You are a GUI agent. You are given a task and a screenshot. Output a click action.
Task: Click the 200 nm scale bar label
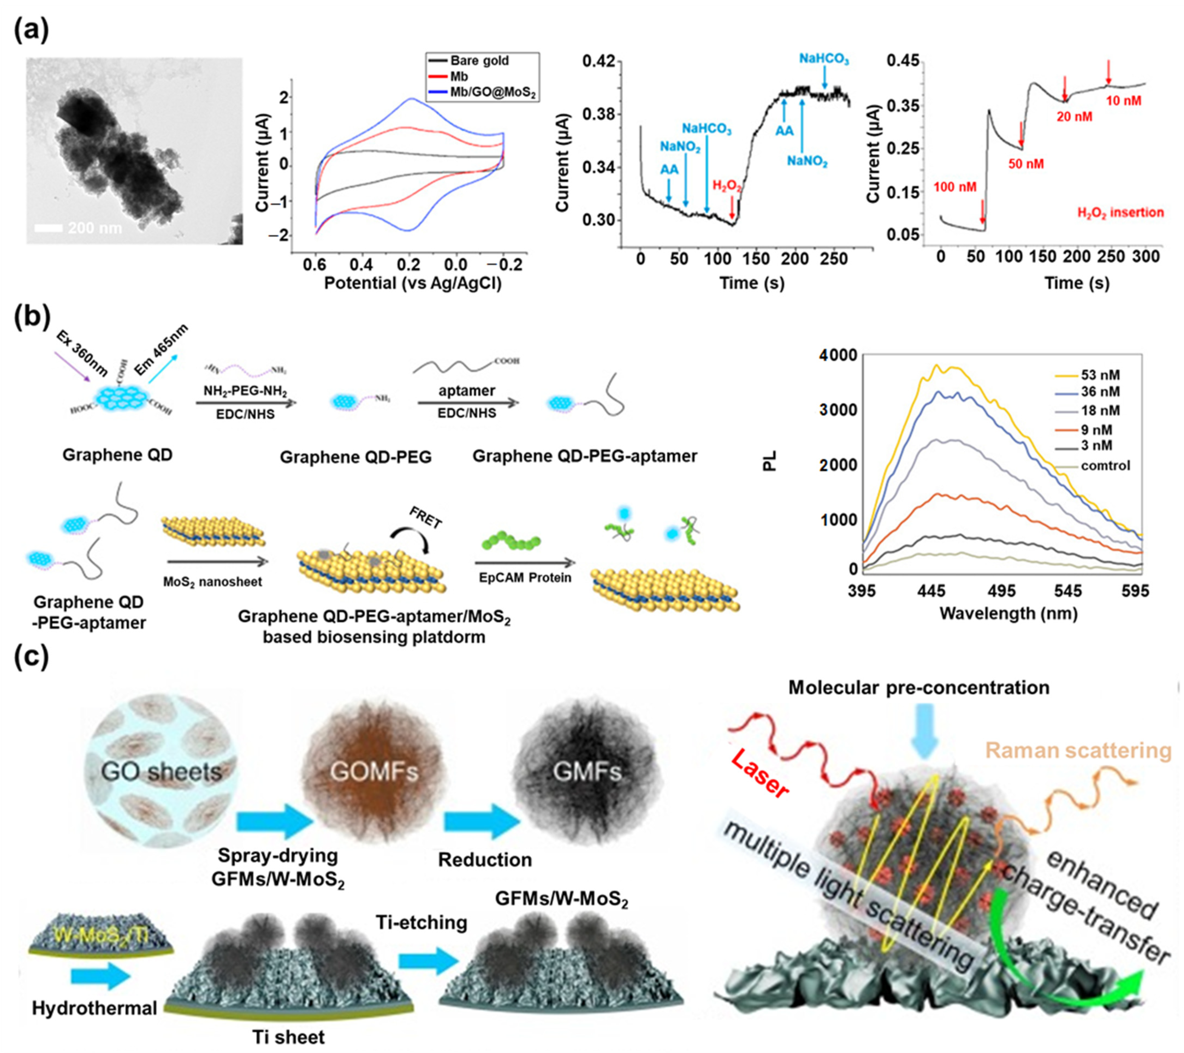[95, 228]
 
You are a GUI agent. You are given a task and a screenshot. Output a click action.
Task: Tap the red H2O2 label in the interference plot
[727, 186]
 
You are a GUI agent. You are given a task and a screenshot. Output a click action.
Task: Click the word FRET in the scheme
[426, 517]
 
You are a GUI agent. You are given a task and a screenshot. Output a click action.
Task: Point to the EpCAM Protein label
[525, 577]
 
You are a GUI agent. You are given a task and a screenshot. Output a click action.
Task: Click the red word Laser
[760, 774]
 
